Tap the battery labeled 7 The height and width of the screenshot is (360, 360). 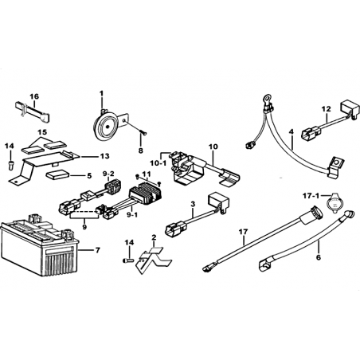(40, 245)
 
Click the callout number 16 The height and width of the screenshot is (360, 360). (34, 96)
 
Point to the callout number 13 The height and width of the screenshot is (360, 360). (105, 156)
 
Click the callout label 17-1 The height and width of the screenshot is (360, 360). (311, 196)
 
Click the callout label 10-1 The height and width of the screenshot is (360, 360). (158, 163)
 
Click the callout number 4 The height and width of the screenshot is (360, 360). (292, 131)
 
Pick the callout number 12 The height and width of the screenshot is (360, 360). (327, 109)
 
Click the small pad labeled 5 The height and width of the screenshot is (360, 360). (57, 176)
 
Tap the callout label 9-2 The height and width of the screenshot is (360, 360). (108, 174)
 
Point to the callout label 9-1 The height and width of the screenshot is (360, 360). (132, 215)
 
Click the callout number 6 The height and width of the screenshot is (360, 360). (319, 257)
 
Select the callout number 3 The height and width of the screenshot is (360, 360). (193, 204)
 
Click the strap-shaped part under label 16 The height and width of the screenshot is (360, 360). (32, 112)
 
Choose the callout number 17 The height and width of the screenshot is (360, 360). (243, 232)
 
